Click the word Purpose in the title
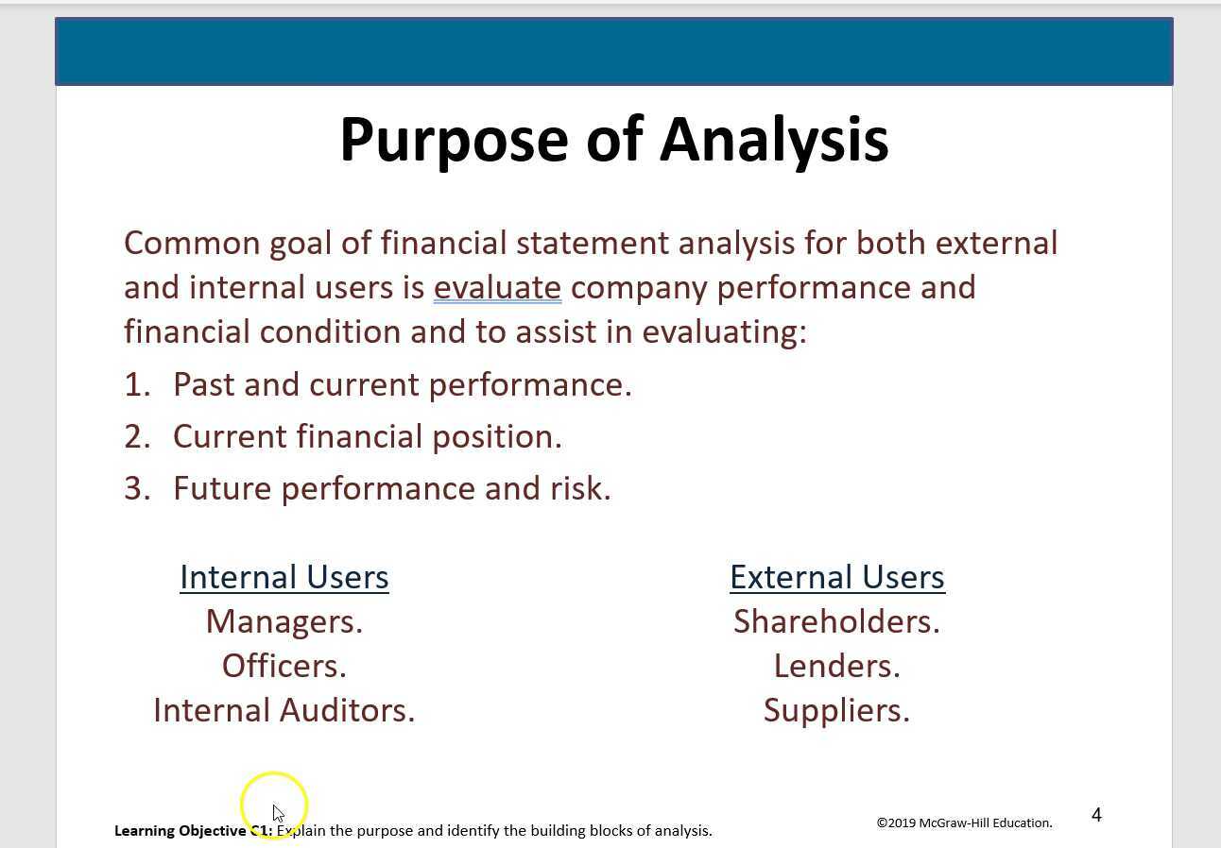[x=454, y=141]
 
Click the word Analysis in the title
[x=774, y=141]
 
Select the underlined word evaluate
[x=497, y=288]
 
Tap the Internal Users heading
[x=284, y=577]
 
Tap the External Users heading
[x=837, y=577]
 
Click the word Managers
[x=284, y=622]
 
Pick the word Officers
[x=284, y=666]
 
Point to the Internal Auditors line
[x=284, y=710]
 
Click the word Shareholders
[x=836, y=621]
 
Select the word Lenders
[x=836, y=666]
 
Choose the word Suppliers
[x=836, y=711]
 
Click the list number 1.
[x=137, y=384]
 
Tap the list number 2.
[x=137, y=436]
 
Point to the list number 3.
[x=137, y=488]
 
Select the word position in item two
[x=496, y=437]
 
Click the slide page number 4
[x=1096, y=815]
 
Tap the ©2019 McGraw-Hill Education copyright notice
[x=964, y=823]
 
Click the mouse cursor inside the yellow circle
[x=278, y=813]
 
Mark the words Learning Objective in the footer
[x=180, y=831]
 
